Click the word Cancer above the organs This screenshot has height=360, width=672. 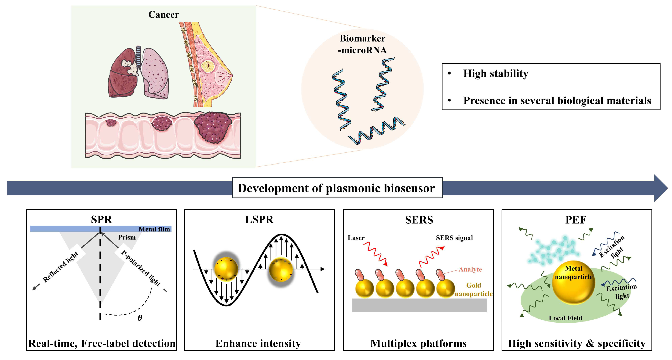pos(163,15)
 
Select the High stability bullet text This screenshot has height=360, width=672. pos(495,74)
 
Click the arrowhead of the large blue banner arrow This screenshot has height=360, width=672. pos(660,188)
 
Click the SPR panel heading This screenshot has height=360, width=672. pos(101,220)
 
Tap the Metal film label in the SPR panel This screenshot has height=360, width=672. pos(154,229)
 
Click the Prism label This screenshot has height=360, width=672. pos(127,237)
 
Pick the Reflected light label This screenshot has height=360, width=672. pos(60,266)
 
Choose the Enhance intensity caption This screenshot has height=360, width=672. pos(258,343)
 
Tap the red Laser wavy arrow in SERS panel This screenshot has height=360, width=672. pos(376,253)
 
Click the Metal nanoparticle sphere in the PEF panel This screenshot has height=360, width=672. pos(573,283)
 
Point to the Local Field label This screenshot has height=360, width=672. pos(565,318)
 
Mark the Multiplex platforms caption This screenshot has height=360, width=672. pos(418,343)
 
